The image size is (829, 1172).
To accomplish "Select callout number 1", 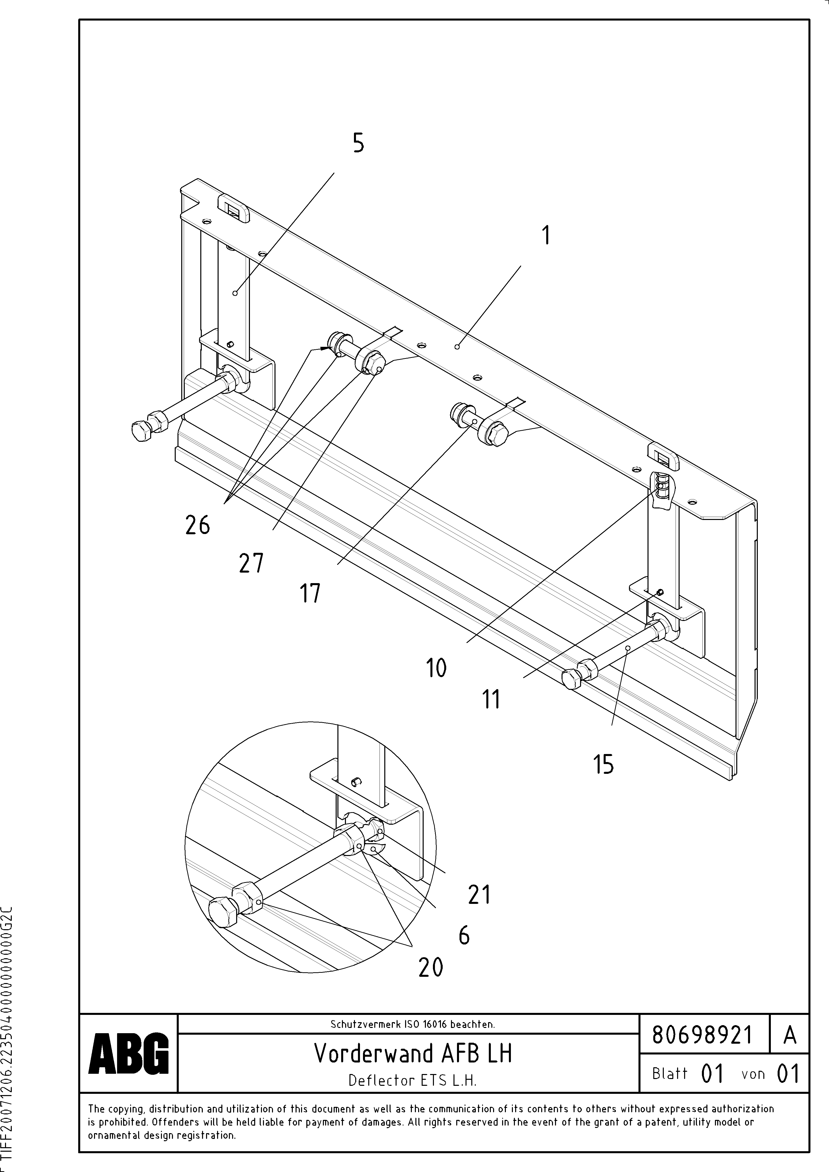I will (x=546, y=236).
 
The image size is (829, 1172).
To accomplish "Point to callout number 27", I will (x=251, y=564).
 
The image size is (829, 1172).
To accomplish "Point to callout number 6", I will (x=464, y=935).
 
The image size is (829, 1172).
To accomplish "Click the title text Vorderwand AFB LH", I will (x=413, y=1053).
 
